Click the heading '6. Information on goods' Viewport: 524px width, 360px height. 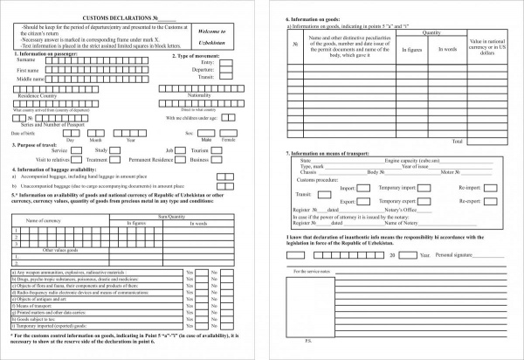pos(323,17)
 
